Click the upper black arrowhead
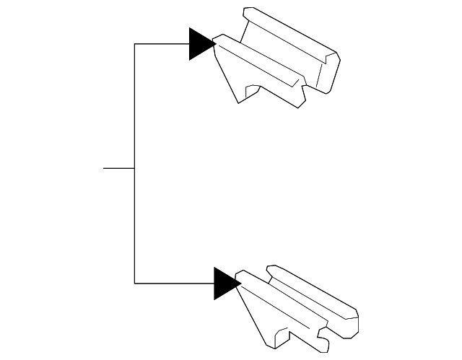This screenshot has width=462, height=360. click(x=200, y=44)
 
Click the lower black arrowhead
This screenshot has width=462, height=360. click(x=225, y=283)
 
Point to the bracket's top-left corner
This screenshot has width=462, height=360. click(x=135, y=44)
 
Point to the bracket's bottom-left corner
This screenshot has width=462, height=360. click(x=135, y=283)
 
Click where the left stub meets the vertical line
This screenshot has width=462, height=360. click(x=135, y=168)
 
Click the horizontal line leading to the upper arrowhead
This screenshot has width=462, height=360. click(x=162, y=44)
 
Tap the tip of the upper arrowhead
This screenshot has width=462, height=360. click(x=216, y=44)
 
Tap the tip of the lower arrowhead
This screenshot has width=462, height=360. click(x=240, y=283)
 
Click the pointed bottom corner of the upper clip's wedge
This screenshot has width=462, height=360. click(x=237, y=101)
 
